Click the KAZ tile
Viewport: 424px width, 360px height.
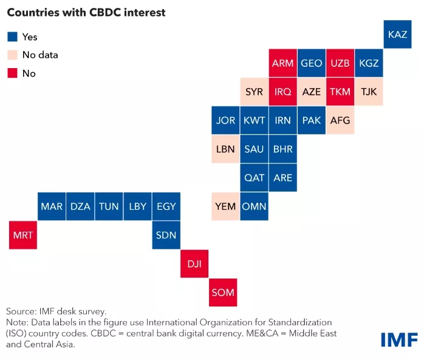click(x=398, y=35)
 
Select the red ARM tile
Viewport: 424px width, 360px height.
click(x=283, y=63)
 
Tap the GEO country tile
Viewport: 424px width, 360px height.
click(x=312, y=63)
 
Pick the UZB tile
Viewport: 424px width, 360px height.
click(x=340, y=63)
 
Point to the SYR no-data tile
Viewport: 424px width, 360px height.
click(x=254, y=92)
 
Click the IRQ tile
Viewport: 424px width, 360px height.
click(x=283, y=92)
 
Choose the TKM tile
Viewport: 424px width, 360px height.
click(x=340, y=92)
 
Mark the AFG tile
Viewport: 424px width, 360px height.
click(x=340, y=120)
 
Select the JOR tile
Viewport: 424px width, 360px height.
click(x=225, y=120)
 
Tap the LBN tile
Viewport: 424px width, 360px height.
click(x=225, y=149)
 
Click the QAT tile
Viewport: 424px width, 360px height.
click(x=254, y=178)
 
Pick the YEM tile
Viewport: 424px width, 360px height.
click(x=225, y=206)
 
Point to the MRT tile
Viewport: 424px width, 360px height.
click(x=23, y=235)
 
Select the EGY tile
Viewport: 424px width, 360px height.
click(x=166, y=206)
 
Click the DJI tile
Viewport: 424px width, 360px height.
click(x=194, y=263)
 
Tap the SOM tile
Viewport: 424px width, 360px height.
click(x=223, y=292)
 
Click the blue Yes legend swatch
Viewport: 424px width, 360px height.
click(x=12, y=37)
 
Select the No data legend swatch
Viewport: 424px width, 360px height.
click(x=12, y=55)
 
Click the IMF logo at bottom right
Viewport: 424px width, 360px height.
click(x=399, y=339)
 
